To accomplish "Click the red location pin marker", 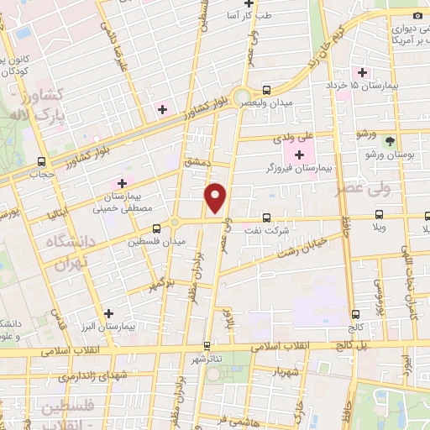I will pos(217,198).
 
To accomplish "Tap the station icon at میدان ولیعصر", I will pos(266,90).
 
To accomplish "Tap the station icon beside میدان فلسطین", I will pos(156,228).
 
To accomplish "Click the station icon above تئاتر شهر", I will pos(207,345).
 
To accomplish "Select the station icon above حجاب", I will pos(40,162).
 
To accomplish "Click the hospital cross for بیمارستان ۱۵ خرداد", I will pos(363,71).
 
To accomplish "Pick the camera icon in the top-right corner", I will pos(418,16).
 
